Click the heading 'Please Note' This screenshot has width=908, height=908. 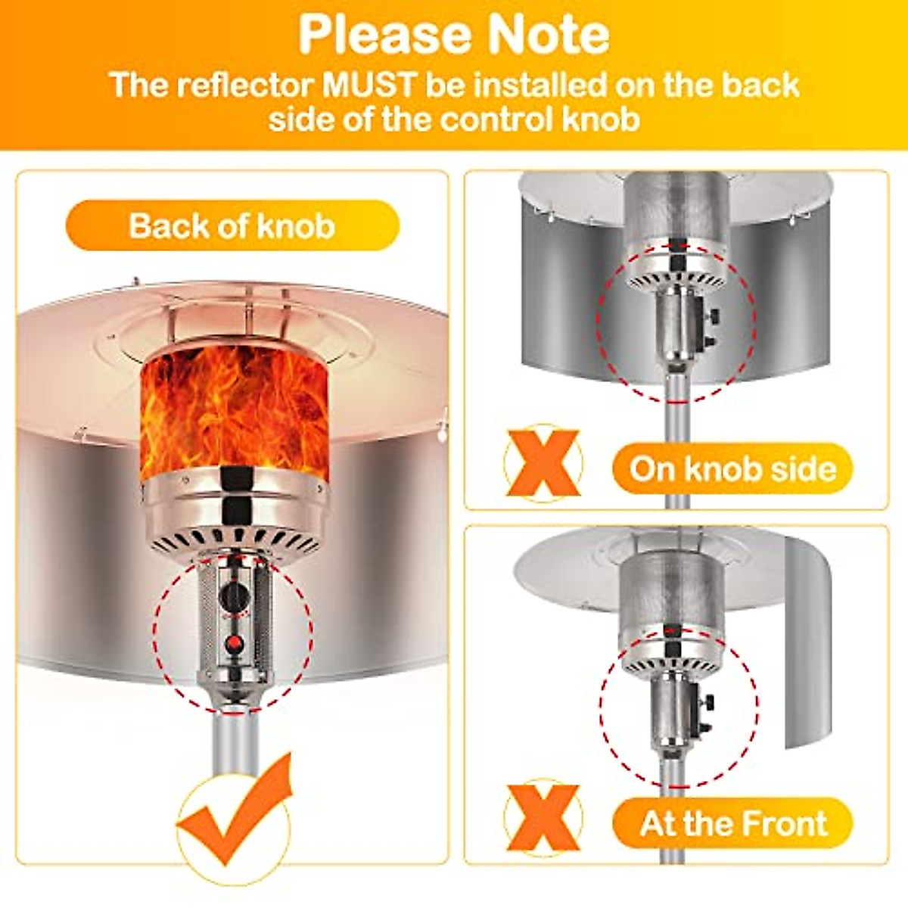[454, 34]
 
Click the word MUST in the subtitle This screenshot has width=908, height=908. [370, 85]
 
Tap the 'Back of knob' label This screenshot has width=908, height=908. [232, 225]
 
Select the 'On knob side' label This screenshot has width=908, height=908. [732, 469]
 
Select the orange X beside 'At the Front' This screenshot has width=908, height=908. [543, 817]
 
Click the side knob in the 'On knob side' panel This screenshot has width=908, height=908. [712, 318]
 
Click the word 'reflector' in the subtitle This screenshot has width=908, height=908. [245, 85]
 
